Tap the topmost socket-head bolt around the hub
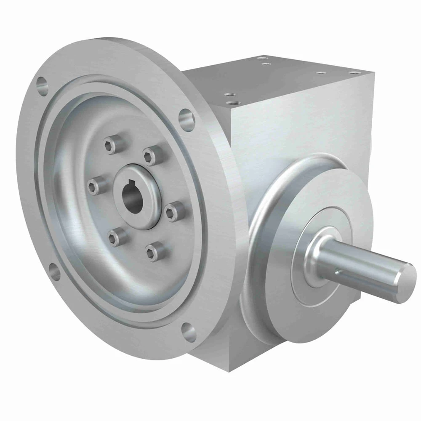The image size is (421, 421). [109, 146]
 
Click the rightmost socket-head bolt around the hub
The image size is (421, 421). [172, 213]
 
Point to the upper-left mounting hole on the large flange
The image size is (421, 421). [43, 83]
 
